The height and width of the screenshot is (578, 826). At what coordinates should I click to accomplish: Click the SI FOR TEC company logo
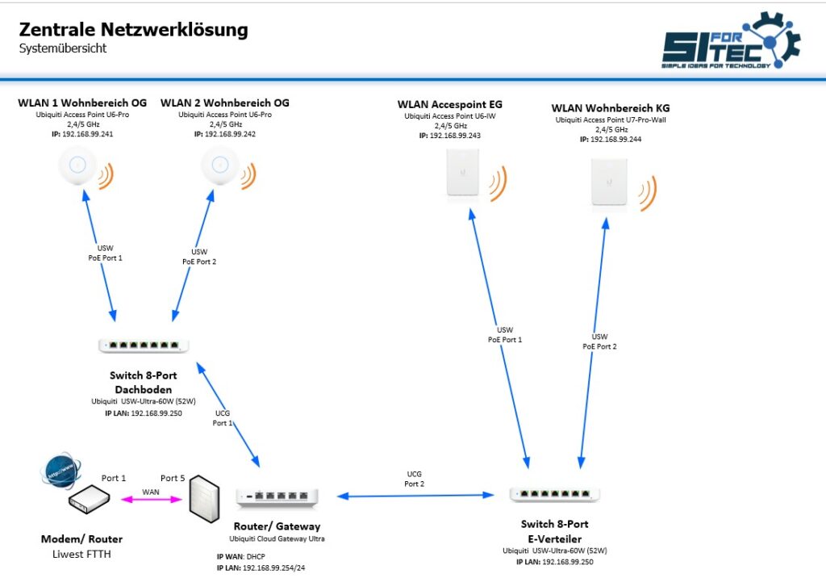tap(731, 40)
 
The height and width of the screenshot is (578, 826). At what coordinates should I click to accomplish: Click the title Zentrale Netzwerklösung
tap(133, 30)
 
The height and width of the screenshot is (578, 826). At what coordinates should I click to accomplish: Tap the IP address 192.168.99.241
tap(87, 134)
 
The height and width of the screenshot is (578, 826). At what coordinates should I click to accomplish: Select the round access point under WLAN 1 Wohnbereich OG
tap(77, 165)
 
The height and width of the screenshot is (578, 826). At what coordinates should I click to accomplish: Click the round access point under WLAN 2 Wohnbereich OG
tap(219, 165)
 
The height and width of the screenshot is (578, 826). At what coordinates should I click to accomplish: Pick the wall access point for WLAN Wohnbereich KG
tap(609, 182)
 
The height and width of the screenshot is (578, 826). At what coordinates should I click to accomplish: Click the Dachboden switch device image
tap(144, 346)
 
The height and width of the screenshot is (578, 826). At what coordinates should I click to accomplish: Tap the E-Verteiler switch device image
tap(554, 494)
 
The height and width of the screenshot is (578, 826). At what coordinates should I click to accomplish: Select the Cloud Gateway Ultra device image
tap(277, 496)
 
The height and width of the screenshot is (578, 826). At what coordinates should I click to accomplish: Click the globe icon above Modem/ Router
tap(61, 470)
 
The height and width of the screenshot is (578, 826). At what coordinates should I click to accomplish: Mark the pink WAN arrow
tap(151, 499)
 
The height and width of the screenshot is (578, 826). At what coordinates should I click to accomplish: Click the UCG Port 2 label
tap(414, 479)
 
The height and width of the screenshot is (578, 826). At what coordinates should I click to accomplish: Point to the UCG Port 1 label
tap(223, 418)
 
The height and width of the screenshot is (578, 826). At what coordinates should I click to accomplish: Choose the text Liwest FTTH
tap(81, 555)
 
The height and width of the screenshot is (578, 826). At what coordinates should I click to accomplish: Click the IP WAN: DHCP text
tap(240, 556)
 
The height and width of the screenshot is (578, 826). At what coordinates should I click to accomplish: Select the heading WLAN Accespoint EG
tap(450, 104)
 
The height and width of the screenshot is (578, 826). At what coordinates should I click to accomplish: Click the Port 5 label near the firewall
tap(173, 479)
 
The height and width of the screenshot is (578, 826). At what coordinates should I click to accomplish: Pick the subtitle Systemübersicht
tap(63, 48)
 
